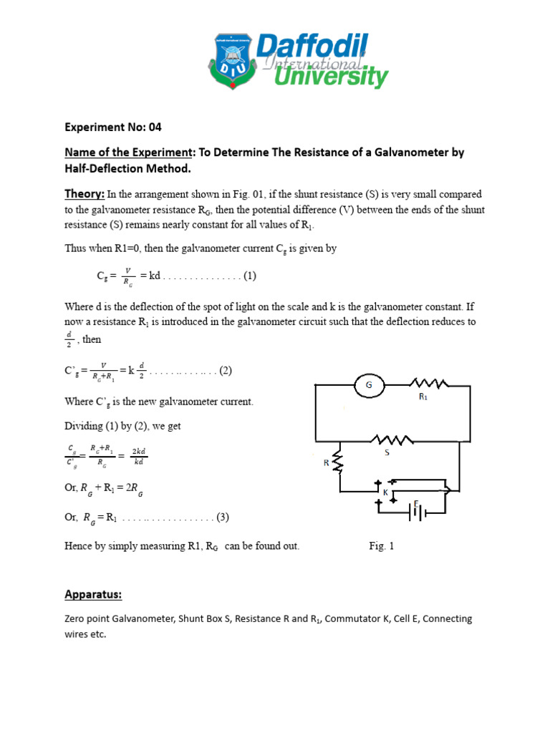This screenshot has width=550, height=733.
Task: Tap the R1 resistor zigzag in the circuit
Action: point(428,385)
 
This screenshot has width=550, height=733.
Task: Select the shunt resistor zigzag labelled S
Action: point(390,439)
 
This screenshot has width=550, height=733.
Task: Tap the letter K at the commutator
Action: point(386,492)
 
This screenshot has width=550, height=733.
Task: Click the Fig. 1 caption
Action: point(382,546)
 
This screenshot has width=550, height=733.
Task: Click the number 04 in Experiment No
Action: point(155,128)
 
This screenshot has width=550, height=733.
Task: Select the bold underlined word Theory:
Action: point(85,194)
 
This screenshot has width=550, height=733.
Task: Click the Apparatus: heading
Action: point(93,595)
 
